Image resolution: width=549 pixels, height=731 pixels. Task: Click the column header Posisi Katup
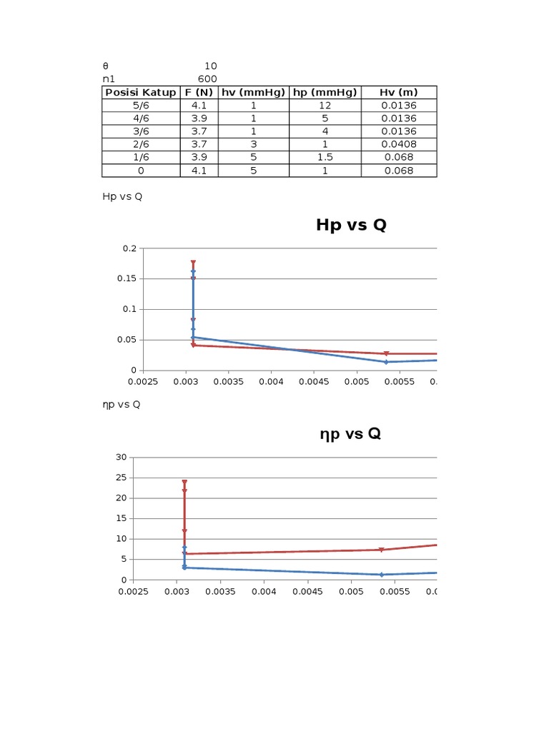pyautogui.click(x=140, y=92)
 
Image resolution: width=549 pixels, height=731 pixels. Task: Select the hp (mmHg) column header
pyautogui.click(x=325, y=92)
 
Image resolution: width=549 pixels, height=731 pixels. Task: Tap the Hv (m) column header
pyautogui.click(x=398, y=92)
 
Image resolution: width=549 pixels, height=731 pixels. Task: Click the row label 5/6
pyautogui.click(x=140, y=105)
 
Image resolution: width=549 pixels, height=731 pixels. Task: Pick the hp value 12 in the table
pyautogui.click(x=325, y=105)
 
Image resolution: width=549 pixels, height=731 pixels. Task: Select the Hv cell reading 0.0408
pyautogui.click(x=398, y=144)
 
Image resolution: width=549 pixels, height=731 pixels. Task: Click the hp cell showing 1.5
pyautogui.click(x=325, y=157)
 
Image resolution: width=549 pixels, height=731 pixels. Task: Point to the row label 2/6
pyautogui.click(x=140, y=144)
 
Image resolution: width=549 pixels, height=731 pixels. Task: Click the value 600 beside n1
pyautogui.click(x=207, y=79)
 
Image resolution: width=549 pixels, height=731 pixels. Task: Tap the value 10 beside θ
pyautogui.click(x=210, y=66)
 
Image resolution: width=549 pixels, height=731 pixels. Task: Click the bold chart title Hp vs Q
pyautogui.click(x=351, y=226)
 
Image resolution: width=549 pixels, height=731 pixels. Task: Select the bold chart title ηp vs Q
pyautogui.click(x=350, y=434)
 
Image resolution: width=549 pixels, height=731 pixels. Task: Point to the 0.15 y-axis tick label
pyautogui.click(x=127, y=279)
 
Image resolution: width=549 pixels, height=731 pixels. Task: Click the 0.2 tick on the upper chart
pyautogui.click(x=129, y=248)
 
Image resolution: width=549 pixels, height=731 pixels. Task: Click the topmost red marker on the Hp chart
pyautogui.click(x=193, y=263)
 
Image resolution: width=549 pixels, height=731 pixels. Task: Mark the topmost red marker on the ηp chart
pyautogui.click(x=184, y=483)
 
